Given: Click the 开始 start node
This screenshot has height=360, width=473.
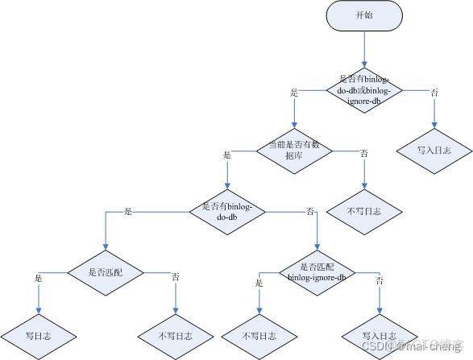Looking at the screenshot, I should coord(364,16).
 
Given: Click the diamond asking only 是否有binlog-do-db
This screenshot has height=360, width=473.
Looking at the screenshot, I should coord(228,211).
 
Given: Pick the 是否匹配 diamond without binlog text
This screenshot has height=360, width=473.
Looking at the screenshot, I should coord(107,272).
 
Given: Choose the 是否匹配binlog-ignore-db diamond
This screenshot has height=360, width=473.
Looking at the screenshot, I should coord(316,272).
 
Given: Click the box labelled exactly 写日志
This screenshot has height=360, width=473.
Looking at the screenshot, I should coord(39,334).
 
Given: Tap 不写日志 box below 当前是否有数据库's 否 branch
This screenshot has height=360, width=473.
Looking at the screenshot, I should coord(364,211).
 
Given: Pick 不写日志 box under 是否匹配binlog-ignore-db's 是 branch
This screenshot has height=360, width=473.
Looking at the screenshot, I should coord(259,334).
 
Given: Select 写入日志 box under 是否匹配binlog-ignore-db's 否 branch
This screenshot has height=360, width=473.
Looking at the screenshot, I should coord(379,334).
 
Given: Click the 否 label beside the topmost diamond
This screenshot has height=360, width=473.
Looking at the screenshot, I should coord(434,93).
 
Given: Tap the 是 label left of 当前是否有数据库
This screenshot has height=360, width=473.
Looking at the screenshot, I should coord(226,155).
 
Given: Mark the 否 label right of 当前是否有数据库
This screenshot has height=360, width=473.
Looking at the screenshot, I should coord(364,154).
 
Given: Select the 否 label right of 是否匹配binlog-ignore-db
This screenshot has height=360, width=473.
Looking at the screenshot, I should coord(380,280).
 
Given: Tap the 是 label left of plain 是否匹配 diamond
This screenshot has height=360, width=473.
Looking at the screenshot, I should coord(39,278).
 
